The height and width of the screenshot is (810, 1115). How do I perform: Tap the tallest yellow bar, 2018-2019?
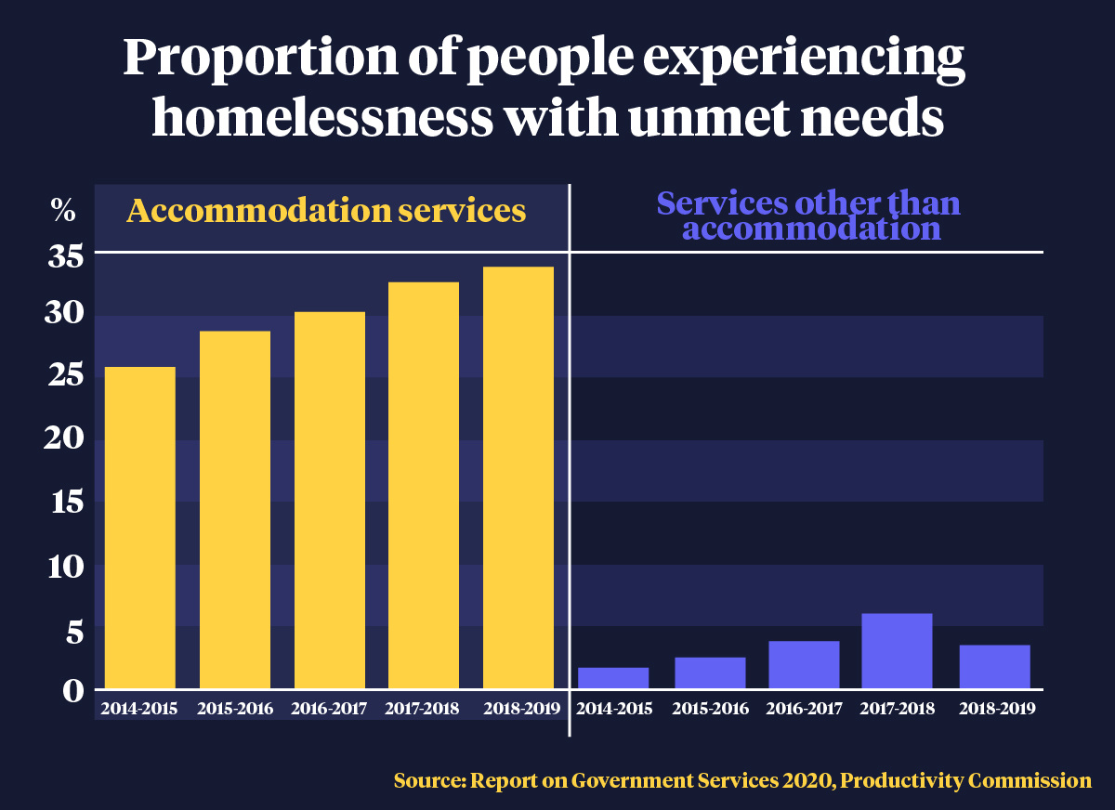pos(518,477)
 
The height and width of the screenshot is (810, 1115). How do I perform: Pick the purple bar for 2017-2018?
pos(896,651)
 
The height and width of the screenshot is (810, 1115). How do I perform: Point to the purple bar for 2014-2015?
pos(613,678)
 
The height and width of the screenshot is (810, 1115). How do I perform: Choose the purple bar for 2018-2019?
pos(994,667)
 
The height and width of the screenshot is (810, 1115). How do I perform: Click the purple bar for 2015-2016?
pos(710,673)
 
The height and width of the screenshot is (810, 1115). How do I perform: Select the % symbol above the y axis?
pos(62,211)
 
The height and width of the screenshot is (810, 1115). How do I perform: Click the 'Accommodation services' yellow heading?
pos(326,211)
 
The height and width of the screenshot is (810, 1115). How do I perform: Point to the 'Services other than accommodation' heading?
pos(808,216)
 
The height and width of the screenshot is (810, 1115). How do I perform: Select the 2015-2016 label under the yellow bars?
pos(235,709)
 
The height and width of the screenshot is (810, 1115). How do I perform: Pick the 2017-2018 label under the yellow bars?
pos(424,709)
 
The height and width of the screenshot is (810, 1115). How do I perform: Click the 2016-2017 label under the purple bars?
pos(804,709)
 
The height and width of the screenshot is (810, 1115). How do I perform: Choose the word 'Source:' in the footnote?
pos(430,780)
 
